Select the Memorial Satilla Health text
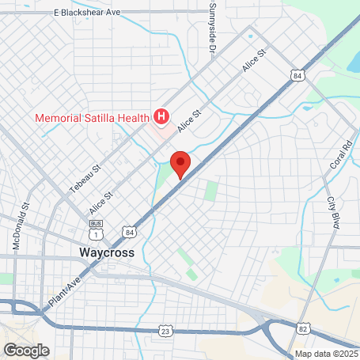91,119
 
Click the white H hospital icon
162,118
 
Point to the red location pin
180,163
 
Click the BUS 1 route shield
96,234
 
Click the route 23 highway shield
165,328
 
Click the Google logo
25,349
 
